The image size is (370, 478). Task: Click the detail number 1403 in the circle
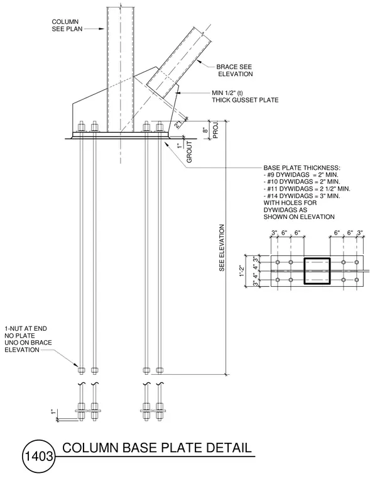[x=39, y=457]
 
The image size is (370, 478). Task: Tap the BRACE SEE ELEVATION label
[x=234, y=70]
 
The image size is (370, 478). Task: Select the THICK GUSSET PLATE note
[x=245, y=99]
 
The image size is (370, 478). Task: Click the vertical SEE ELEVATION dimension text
[x=222, y=248]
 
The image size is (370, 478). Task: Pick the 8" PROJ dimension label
[x=210, y=130]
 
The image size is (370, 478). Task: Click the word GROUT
[x=189, y=152]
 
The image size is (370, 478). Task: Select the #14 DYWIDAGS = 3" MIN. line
[x=302, y=196]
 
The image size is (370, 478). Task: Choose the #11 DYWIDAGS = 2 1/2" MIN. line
[x=307, y=189]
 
